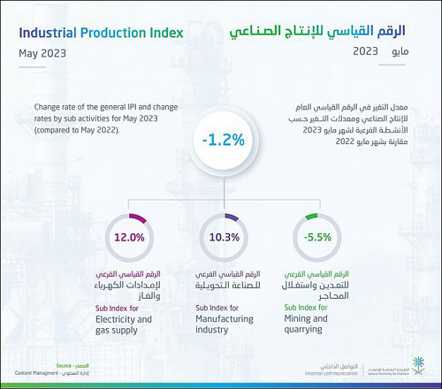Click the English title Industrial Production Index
pos(100,34)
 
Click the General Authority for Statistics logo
pos(407,372)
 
